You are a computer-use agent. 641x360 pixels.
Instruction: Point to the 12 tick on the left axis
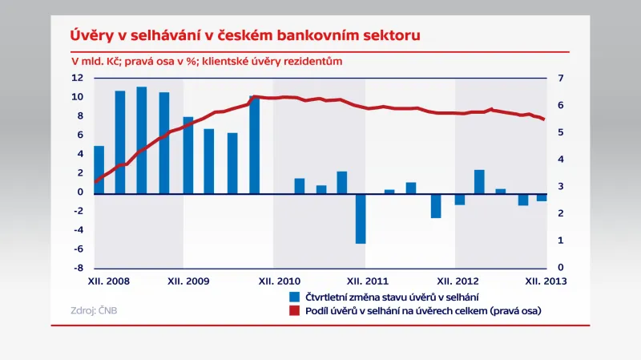tap(78, 78)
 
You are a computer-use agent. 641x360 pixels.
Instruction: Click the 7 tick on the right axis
tap(561, 78)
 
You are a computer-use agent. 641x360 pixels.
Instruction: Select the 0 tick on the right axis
tap(561, 268)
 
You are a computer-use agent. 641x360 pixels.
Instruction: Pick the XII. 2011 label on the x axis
tap(368, 281)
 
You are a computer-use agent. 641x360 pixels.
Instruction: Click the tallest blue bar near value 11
tap(141, 139)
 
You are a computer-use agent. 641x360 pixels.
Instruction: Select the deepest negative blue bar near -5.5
tap(361, 217)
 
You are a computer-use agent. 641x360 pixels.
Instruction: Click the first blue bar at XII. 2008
tap(99, 168)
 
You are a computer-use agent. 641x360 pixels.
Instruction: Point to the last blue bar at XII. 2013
tap(542, 196)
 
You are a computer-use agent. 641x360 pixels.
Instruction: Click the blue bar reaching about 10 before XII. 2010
tap(254, 144)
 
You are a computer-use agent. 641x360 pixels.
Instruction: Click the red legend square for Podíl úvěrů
tap(296, 311)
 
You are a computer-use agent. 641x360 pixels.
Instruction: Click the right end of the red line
tap(545, 119)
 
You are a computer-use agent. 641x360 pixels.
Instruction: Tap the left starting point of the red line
tap(95, 182)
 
